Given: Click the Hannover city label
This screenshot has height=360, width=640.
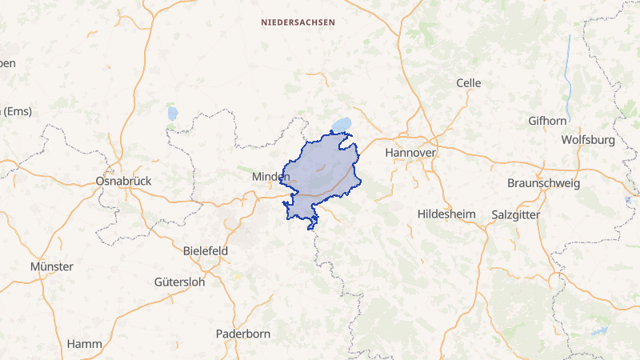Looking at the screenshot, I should tap(410, 152).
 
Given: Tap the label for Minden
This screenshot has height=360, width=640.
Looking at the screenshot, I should tap(270, 176).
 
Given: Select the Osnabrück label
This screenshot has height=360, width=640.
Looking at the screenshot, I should tap(123, 182).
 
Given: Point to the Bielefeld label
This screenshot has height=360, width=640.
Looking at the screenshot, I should tap(206, 250).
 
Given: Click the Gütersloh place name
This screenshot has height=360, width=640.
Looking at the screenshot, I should tap(179, 282).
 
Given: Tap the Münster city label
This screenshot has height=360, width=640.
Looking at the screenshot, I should tap(51, 266).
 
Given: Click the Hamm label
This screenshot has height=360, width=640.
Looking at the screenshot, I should tap(84, 344).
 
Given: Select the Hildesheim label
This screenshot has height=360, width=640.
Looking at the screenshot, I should tap(446, 214).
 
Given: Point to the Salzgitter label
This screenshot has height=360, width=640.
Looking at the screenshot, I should tap(517, 215).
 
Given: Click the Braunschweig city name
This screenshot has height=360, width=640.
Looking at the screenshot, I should tap(544, 183).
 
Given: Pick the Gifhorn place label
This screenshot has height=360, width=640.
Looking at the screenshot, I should tap(547, 121).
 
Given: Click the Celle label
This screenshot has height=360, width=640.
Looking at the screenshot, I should tap(468, 83).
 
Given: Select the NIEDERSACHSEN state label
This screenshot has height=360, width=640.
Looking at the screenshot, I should tap(298, 23).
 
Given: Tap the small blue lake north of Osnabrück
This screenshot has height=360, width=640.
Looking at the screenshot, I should tap(172, 113).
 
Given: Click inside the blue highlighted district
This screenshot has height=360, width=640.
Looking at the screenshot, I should tap(320, 172).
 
